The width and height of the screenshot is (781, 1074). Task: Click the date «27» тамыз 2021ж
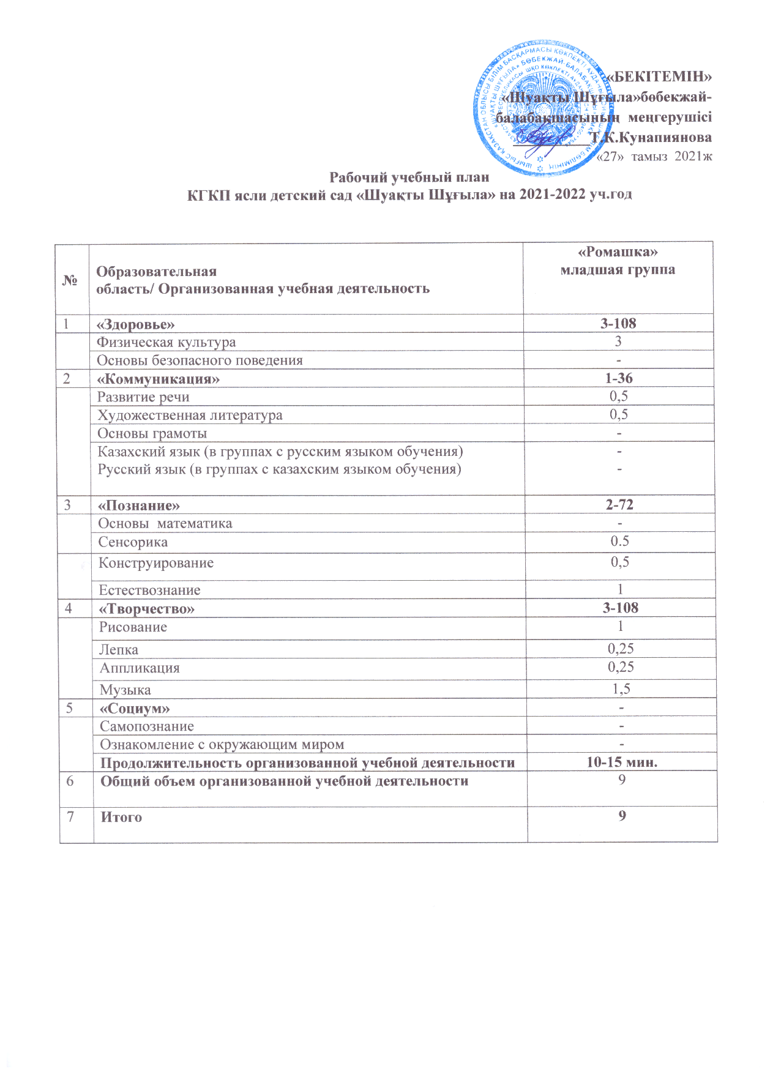click(654, 156)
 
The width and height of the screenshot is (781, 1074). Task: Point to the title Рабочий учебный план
click(409, 177)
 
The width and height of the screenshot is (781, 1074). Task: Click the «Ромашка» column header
click(618, 252)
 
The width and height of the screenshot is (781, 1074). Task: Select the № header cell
click(71, 280)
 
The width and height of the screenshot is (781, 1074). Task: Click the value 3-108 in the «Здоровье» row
click(618, 323)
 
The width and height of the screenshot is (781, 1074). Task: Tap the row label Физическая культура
click(166, 342)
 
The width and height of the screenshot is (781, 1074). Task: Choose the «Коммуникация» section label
click(159, 379)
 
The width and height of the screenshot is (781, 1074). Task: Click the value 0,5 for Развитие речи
click(618, 396)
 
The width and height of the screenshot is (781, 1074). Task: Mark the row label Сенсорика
click(133, 542)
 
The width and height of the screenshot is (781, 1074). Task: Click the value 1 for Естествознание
click(620, 589)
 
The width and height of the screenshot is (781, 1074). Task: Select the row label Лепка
click(119, 650)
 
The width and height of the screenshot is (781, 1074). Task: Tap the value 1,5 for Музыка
click(621, 689)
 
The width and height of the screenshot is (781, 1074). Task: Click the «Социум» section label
click(135, 709)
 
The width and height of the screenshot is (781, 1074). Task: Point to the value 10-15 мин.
click(621, 763)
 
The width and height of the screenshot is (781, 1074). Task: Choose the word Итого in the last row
click(121, 818)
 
